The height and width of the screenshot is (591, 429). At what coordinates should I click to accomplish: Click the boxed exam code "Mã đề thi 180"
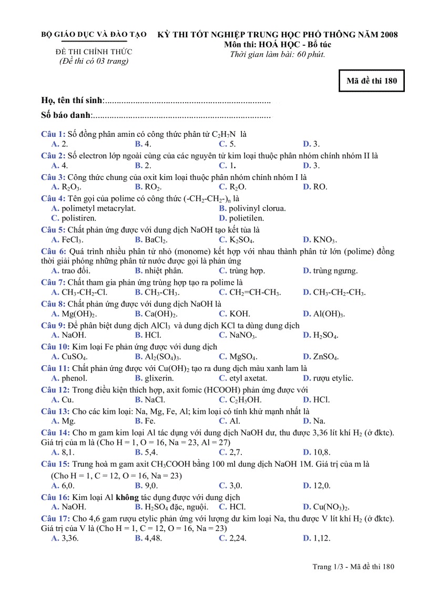pos(371,81)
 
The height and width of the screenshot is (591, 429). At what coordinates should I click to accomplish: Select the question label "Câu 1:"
pos(53,134)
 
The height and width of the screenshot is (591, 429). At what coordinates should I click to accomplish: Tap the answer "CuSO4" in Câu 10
pos(74,357)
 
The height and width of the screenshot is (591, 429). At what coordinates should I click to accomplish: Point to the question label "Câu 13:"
pos(55,411)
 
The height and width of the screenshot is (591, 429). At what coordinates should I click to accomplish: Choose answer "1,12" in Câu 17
pos(321,538)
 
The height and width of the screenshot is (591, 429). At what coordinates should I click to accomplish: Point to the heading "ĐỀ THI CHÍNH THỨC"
pos(94,52)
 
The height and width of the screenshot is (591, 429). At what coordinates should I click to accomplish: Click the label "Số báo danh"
pos(66,115)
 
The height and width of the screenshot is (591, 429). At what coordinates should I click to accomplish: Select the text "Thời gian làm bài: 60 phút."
pos(278,54)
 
